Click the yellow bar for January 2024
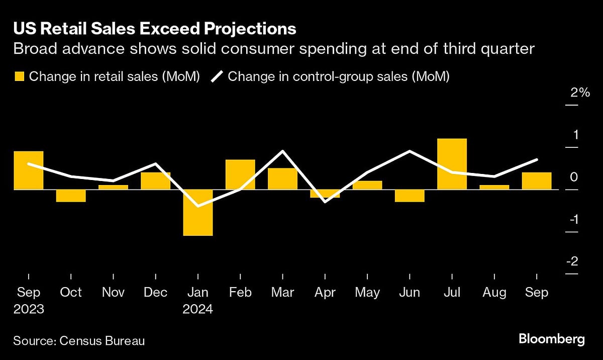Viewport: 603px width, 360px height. (197, 212)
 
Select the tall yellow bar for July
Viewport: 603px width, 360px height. (452, 164)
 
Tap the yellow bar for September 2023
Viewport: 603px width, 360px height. (28, 170)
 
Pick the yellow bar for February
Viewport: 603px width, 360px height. (240, 174)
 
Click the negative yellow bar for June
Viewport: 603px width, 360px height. (410, 196)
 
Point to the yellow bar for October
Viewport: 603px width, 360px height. (70, 196)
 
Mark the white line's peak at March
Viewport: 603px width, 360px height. (282, 151)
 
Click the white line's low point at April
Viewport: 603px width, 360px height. (325, 202)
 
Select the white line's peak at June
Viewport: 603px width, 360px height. (410, 151)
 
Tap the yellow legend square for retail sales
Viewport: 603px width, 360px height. (19, 76)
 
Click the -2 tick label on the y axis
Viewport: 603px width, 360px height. (572, 262)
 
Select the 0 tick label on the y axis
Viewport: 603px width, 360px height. (574, 177)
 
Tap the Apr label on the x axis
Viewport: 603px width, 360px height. (325, 293)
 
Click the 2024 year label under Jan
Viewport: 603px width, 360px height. (197, 309)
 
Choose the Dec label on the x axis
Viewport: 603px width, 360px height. (155, 293)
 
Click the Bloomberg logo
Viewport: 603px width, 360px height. (552, 339)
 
